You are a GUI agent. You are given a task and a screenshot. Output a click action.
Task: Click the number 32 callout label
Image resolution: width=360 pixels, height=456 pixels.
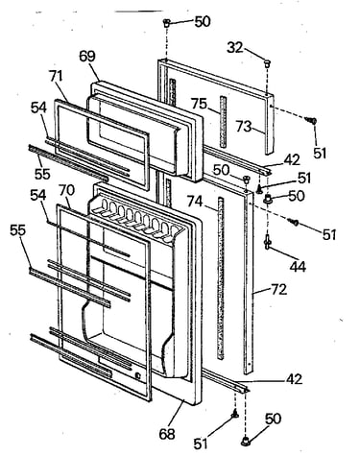click(x=235, y=48)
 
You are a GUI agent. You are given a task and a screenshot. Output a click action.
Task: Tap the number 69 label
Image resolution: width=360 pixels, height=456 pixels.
click(x=87, y=57)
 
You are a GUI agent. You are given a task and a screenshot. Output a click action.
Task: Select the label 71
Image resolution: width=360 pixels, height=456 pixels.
click(x=56, y=77)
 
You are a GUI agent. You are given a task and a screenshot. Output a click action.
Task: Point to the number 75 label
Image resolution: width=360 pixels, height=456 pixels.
click(x=200, y=104)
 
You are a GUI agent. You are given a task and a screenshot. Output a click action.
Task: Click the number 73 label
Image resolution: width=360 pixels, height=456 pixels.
click(x=244, y=126)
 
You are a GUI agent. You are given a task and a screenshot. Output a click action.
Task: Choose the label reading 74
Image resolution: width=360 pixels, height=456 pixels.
click(x=195, y=202)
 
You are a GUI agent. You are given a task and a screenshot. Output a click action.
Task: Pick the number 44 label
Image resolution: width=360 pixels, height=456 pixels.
click(x=298, y=266)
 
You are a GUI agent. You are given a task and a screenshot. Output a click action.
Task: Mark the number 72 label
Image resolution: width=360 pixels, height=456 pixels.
click(x=278, y=290)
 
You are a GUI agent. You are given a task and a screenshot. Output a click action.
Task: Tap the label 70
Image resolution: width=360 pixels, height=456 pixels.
click(x=66, y=190)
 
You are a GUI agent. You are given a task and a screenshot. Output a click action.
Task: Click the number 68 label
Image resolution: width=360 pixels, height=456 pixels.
click(x=167, y=434)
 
